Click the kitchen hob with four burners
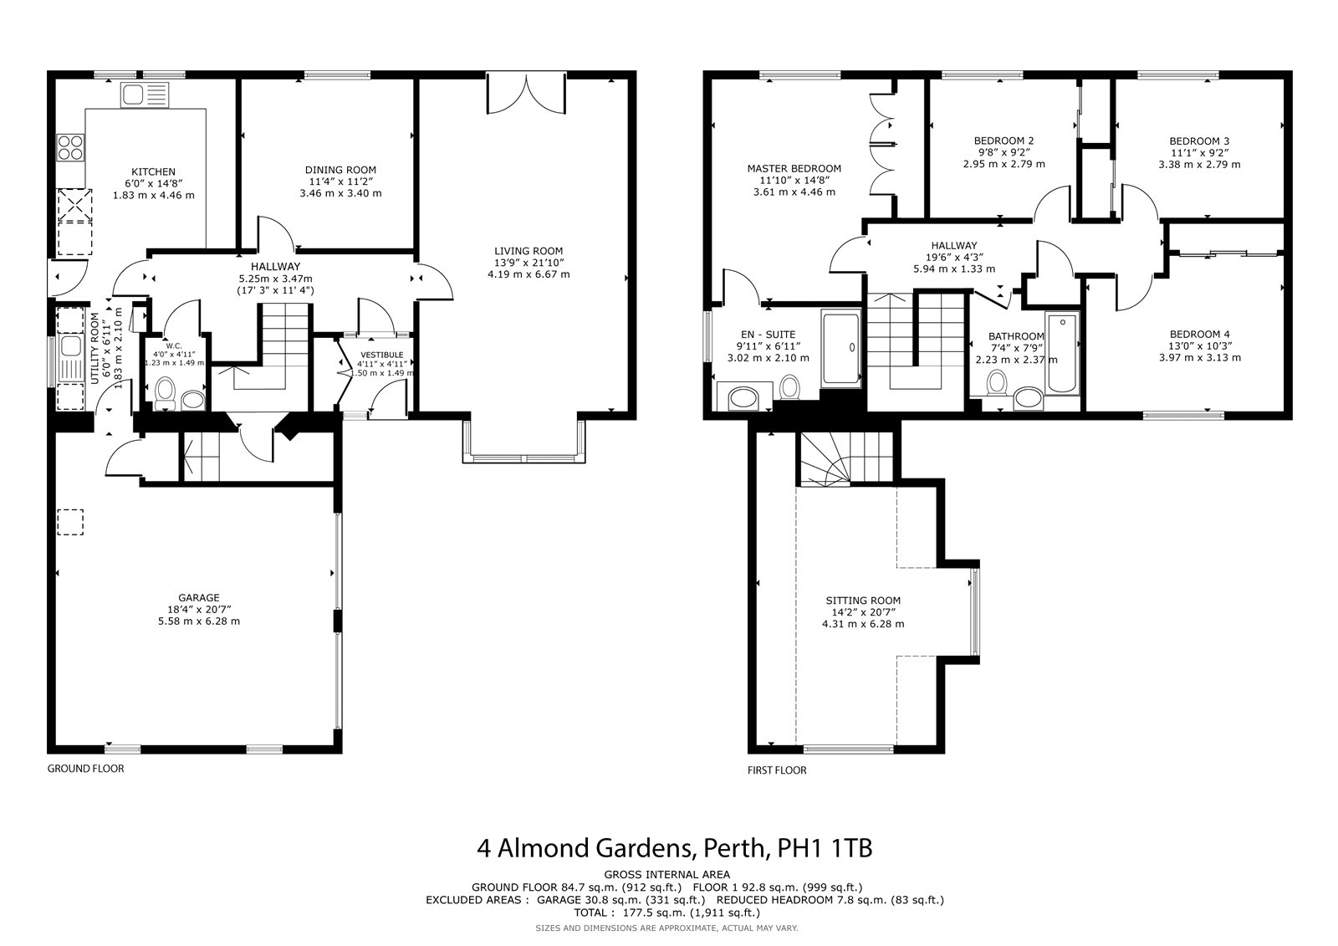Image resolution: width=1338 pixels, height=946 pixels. point(70,147)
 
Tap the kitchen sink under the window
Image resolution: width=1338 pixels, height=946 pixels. point(146,95)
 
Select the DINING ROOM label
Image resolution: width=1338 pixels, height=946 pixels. point(340,171)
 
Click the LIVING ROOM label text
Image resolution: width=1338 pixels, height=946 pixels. point(529,251)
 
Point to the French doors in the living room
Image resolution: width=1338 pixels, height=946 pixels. point(526,93)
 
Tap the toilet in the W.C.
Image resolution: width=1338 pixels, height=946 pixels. point(164,392)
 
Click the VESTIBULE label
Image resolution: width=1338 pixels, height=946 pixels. point(382,355)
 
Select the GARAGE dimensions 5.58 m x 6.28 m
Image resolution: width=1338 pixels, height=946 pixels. point(199,621)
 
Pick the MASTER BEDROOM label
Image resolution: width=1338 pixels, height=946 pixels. point(794,168)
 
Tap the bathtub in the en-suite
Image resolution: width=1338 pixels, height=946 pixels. point(841,348)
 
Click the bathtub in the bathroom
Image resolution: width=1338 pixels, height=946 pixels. point(1062,353)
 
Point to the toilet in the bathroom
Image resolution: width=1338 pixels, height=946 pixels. point(996,383)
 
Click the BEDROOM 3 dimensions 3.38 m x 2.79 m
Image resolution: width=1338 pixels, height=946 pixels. point(1199,164)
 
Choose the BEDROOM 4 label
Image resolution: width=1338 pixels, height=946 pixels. point(1199,335)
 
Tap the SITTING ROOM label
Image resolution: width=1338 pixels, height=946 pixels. point(863,601)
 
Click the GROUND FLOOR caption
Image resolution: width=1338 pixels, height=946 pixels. point(86,769)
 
